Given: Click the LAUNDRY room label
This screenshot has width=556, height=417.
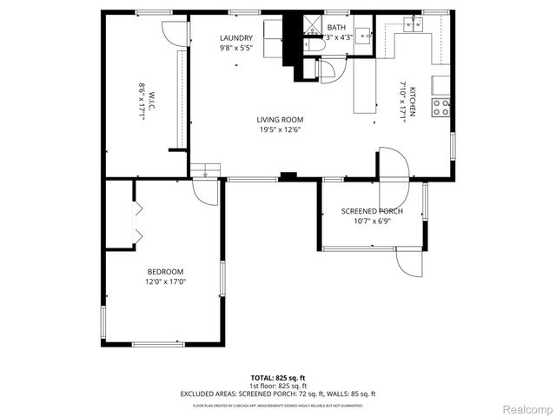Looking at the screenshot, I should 236,38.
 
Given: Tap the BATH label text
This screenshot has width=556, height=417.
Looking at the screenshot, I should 336,28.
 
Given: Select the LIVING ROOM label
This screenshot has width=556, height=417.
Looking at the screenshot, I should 279,120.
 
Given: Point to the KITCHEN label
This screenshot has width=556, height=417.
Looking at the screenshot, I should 414,102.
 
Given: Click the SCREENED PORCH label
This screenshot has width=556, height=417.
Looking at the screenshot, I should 370,211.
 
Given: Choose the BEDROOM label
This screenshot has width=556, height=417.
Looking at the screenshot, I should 165,271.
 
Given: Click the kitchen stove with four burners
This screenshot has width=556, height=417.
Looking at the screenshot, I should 440,108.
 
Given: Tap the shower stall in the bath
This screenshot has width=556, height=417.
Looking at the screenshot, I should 308,22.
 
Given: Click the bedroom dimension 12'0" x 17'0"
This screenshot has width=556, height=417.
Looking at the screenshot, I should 165,281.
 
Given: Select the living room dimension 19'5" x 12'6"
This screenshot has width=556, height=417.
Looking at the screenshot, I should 279,130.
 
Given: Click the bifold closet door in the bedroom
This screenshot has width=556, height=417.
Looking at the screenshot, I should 137,223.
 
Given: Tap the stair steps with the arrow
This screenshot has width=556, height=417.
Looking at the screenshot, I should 207,169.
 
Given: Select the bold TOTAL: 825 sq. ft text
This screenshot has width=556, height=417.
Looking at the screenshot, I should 278,378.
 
